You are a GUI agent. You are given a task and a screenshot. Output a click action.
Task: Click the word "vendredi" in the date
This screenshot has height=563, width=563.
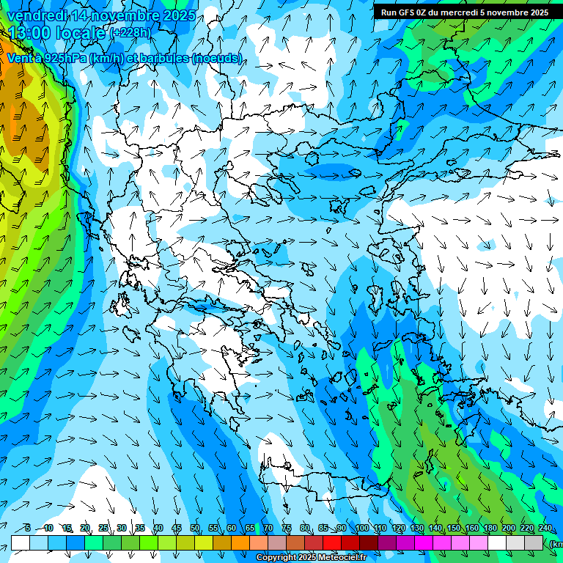pyautogui.click(x=32, y=16)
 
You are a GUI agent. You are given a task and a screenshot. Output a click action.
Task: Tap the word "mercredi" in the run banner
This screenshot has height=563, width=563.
pyautogui.click(x=460, y=12)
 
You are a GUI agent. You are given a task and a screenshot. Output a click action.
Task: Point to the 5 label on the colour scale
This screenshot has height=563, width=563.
pyautogui.click(x=28, y=529)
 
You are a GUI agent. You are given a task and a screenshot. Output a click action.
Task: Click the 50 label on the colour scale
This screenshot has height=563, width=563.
pyautogui.click(x=195, y=529)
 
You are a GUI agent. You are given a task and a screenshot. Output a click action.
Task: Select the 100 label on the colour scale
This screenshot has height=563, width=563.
pyautogui.click(x=361, y=529)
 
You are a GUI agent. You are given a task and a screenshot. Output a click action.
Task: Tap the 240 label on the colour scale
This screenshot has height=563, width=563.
pyautogui.click(x=545, y=529)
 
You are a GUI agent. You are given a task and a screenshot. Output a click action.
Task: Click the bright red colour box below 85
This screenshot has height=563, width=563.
pyautogui.click(x=332, y=542)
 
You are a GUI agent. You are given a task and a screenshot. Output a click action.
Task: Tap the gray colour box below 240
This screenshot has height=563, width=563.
pyautogui.click(x=534, y=542)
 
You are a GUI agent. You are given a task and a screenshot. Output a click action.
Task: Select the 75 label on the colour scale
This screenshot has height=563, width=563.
pyautogui.click(x=287, y=529)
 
